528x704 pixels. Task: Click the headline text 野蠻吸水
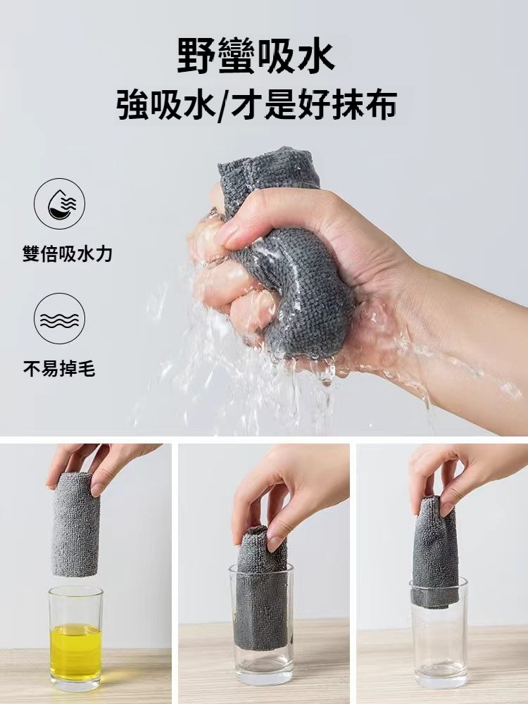pos(256,56)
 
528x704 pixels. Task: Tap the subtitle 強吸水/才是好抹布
pos(256,105)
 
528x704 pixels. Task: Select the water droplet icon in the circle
pos(59,204)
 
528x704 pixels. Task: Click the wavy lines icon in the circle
pos(59,319)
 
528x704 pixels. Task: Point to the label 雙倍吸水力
pos(68,254)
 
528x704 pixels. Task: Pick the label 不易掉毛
pos(59,369)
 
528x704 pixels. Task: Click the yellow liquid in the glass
pos(75,651)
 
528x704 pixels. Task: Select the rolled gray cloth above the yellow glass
pos(75,524)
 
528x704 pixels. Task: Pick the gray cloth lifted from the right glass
pos(434,552)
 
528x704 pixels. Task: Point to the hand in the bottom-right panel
pos(463,476)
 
